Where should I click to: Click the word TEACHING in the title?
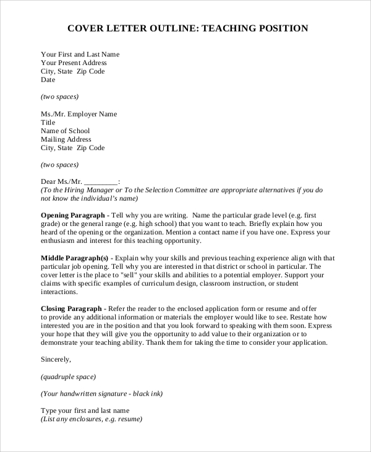coord(229,28)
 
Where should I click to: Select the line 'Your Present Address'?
coord(74,63)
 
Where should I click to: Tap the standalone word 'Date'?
coord(48,80)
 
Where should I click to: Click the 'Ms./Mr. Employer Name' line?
coord(79,114)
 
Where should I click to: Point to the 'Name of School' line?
coord(65,131)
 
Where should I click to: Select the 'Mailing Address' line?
coord(65,139)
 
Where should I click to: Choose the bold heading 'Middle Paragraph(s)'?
coord(74,258)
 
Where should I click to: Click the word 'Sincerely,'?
coord(56,359)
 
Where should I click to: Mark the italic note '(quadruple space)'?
coord(68,376)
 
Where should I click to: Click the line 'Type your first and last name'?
coord(85,410)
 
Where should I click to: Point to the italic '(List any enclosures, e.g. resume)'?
coord(92,419)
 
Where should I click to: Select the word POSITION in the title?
coord(281,28)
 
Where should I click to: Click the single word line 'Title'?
coord(48,123)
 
